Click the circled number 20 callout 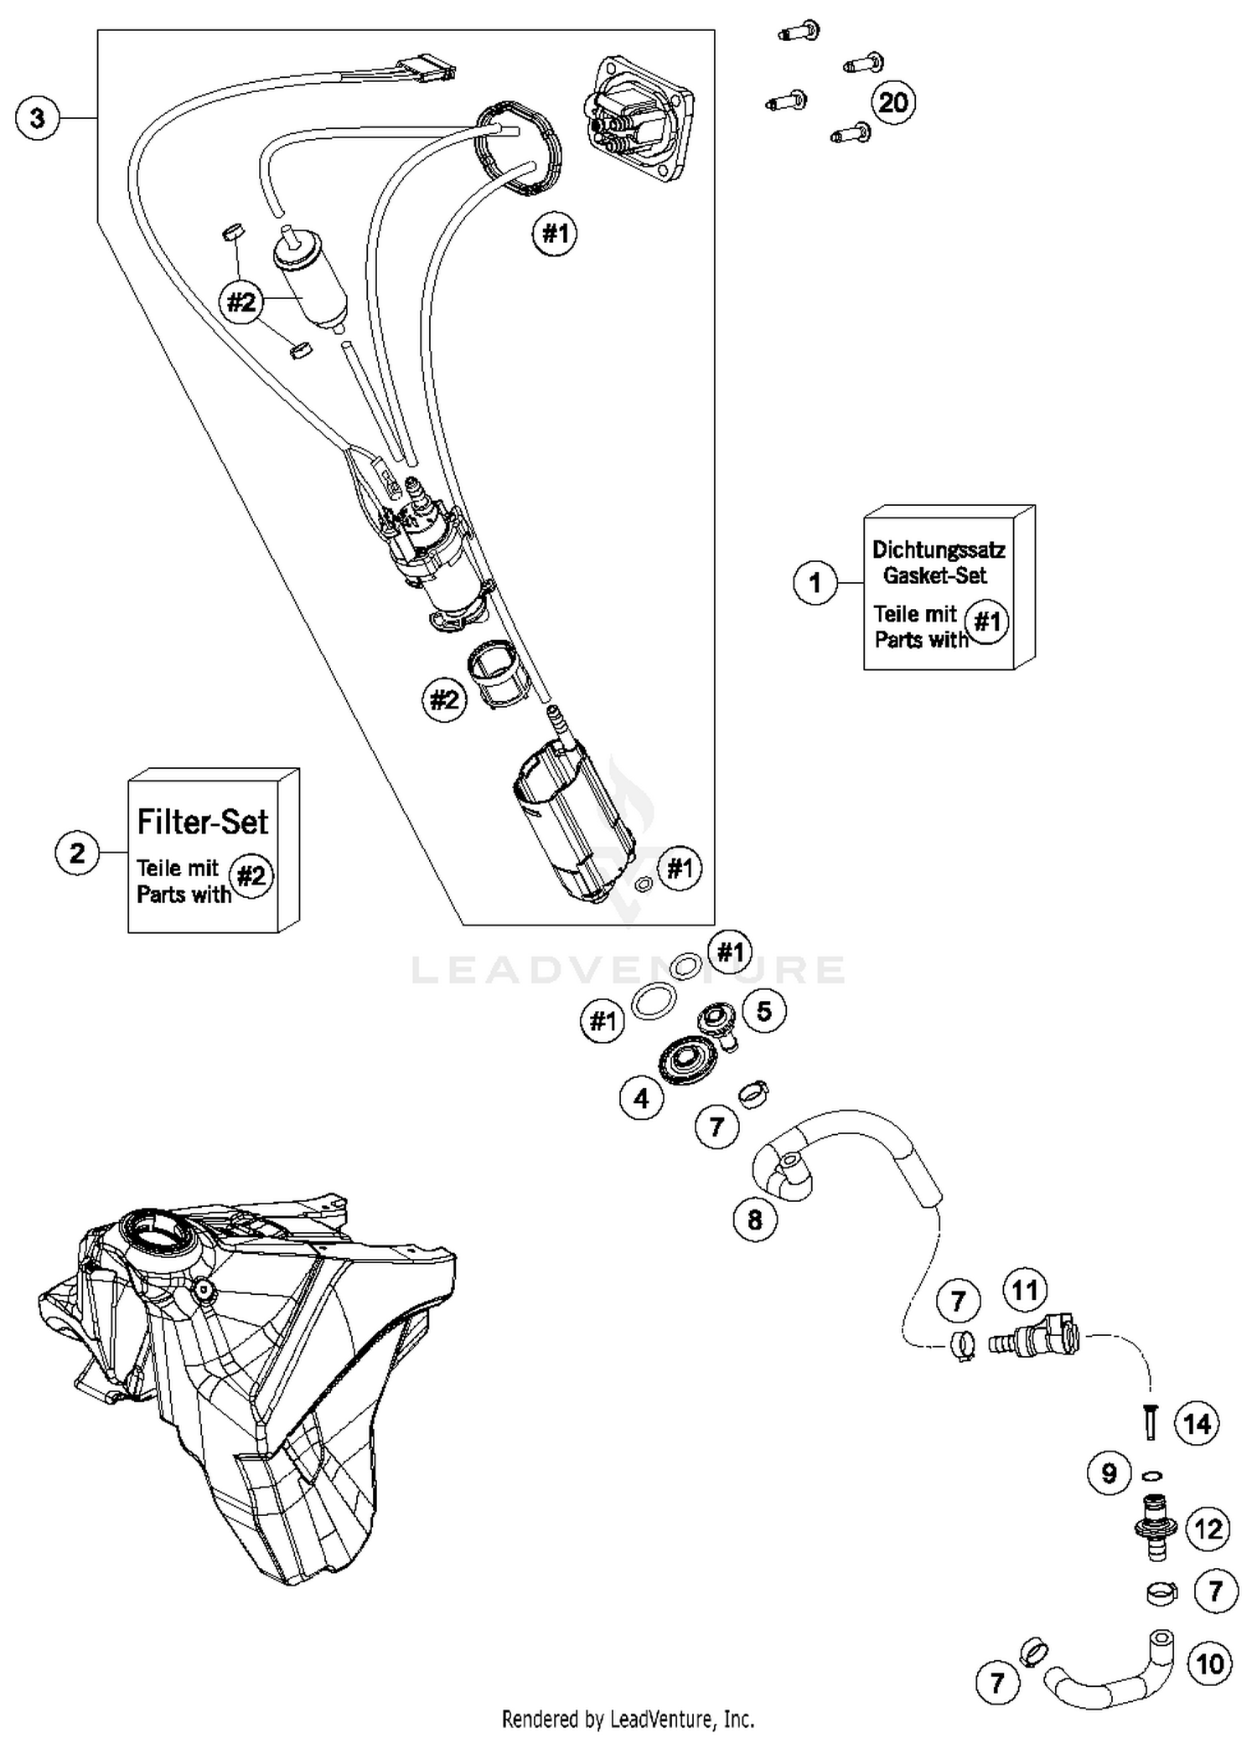pyautogui.click(x=893, y=103)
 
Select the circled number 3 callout pyautogui.click(x=38, y=118)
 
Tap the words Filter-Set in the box pyautogui.click(x=202, y=822)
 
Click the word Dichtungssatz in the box pyautogui.click(x=938, y=550)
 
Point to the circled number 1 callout pyautogui.click(x=815, y=582)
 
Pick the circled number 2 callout pyautogui.click(x=77, y=854)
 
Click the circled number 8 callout pyautogui.click(x=754, y=1220)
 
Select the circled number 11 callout pyautogui.click(x=1025, y=1290)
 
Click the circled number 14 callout pyautogui.click(x=1197, y=1423)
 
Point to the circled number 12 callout pyautogui.click(x=1208, y=1529)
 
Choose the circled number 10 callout pyautogui.click(x=1210, y=1663)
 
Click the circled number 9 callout pyautogui.click(x=1109, y=1472)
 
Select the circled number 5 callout pyautogui.click(x=763, y=1011)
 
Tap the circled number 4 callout pyautogui.click(x=642, y=1098)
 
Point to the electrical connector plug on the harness pyautogui.click(x=427, y=66)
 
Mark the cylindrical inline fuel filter pyautogui.click(x=310, y=276)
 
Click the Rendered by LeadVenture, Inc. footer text pyautogui.click(x=628, y=1719)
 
